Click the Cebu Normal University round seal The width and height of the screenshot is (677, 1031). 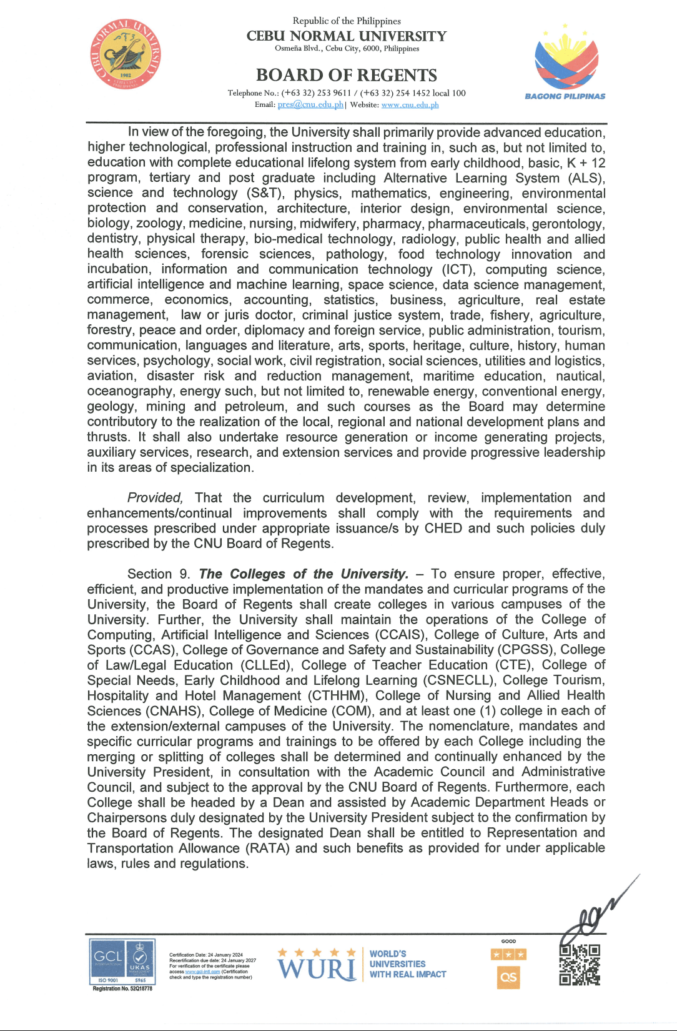pos(126,54)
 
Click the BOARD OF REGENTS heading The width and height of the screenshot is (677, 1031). pos(346,75)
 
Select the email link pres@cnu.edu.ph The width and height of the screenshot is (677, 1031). pos(310,105)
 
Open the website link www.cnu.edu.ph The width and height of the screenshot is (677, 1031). pos(410,105)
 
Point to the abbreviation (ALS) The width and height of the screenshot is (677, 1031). pos(586,178)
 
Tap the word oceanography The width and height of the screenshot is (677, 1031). pos(130,391)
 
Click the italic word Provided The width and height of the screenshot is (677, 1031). pos(155,498)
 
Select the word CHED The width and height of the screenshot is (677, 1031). pos(443,528)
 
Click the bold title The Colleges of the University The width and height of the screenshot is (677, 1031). pos(304,574)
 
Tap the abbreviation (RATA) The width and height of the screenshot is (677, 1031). pos(268,848)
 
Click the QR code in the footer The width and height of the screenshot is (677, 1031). pos(580,964)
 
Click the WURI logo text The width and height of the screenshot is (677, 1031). pos(317,969)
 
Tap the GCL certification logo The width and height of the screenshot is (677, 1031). pos(108,957)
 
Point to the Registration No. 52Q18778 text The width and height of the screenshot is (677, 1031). pos(122,989)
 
